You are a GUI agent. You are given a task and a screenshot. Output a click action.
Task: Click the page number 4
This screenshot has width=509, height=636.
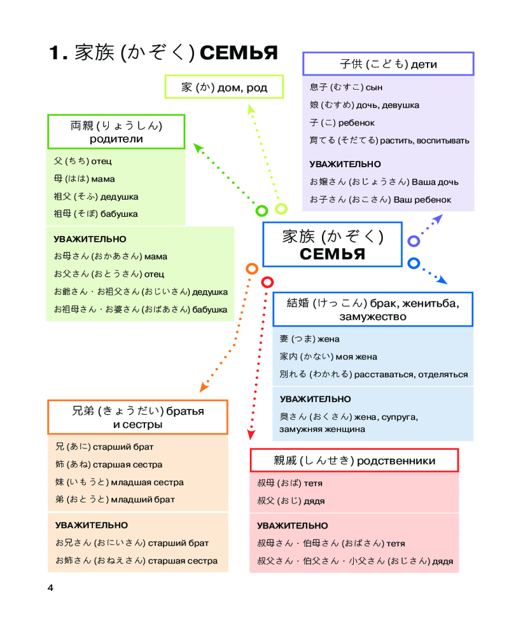(51, 588)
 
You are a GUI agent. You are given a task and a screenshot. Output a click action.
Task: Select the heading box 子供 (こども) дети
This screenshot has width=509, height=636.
(388, 64)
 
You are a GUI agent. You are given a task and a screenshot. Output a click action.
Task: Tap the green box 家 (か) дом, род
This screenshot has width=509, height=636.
(224, 87)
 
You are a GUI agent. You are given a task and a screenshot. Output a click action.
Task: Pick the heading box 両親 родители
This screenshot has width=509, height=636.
(116, 132)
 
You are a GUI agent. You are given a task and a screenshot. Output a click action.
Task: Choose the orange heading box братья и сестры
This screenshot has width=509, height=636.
(137, 417)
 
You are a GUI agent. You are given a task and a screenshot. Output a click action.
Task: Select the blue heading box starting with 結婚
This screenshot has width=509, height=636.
(373, 309)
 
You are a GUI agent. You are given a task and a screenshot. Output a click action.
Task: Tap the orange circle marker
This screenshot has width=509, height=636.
(252, 269)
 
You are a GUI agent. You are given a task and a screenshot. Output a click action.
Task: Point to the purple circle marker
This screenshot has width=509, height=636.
(414, 241)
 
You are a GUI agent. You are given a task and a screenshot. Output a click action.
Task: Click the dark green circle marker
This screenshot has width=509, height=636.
(261, 211)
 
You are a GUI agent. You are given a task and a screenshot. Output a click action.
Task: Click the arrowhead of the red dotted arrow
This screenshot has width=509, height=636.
(251, 436)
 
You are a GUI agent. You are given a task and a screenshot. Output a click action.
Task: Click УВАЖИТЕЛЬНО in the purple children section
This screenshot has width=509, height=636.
(345, 164)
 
